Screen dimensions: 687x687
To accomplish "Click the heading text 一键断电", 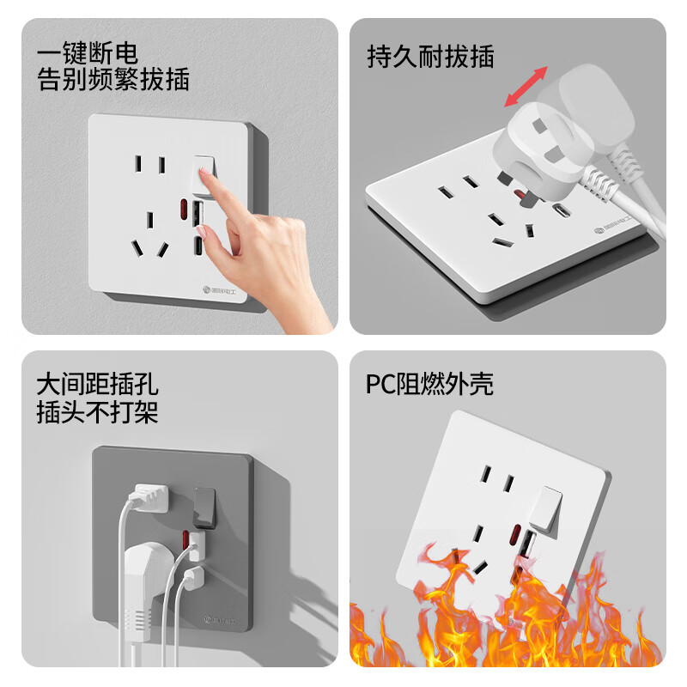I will click(x=88, y=53).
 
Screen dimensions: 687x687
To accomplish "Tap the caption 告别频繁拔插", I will click(x=112, y=80).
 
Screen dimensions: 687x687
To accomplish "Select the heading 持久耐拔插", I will click(x=430, y=57).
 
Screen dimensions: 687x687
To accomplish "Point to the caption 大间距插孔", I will click(x=97, y=384).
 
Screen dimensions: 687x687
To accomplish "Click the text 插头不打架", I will click(x=97, y=412).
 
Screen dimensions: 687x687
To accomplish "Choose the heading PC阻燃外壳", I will click(x=429, y=384).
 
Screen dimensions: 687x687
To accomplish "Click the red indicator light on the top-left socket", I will click(x=182, y=210).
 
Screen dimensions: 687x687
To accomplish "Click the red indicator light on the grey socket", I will click(x=184, y=539).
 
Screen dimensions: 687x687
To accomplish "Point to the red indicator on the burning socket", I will click(x=514, y=538).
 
